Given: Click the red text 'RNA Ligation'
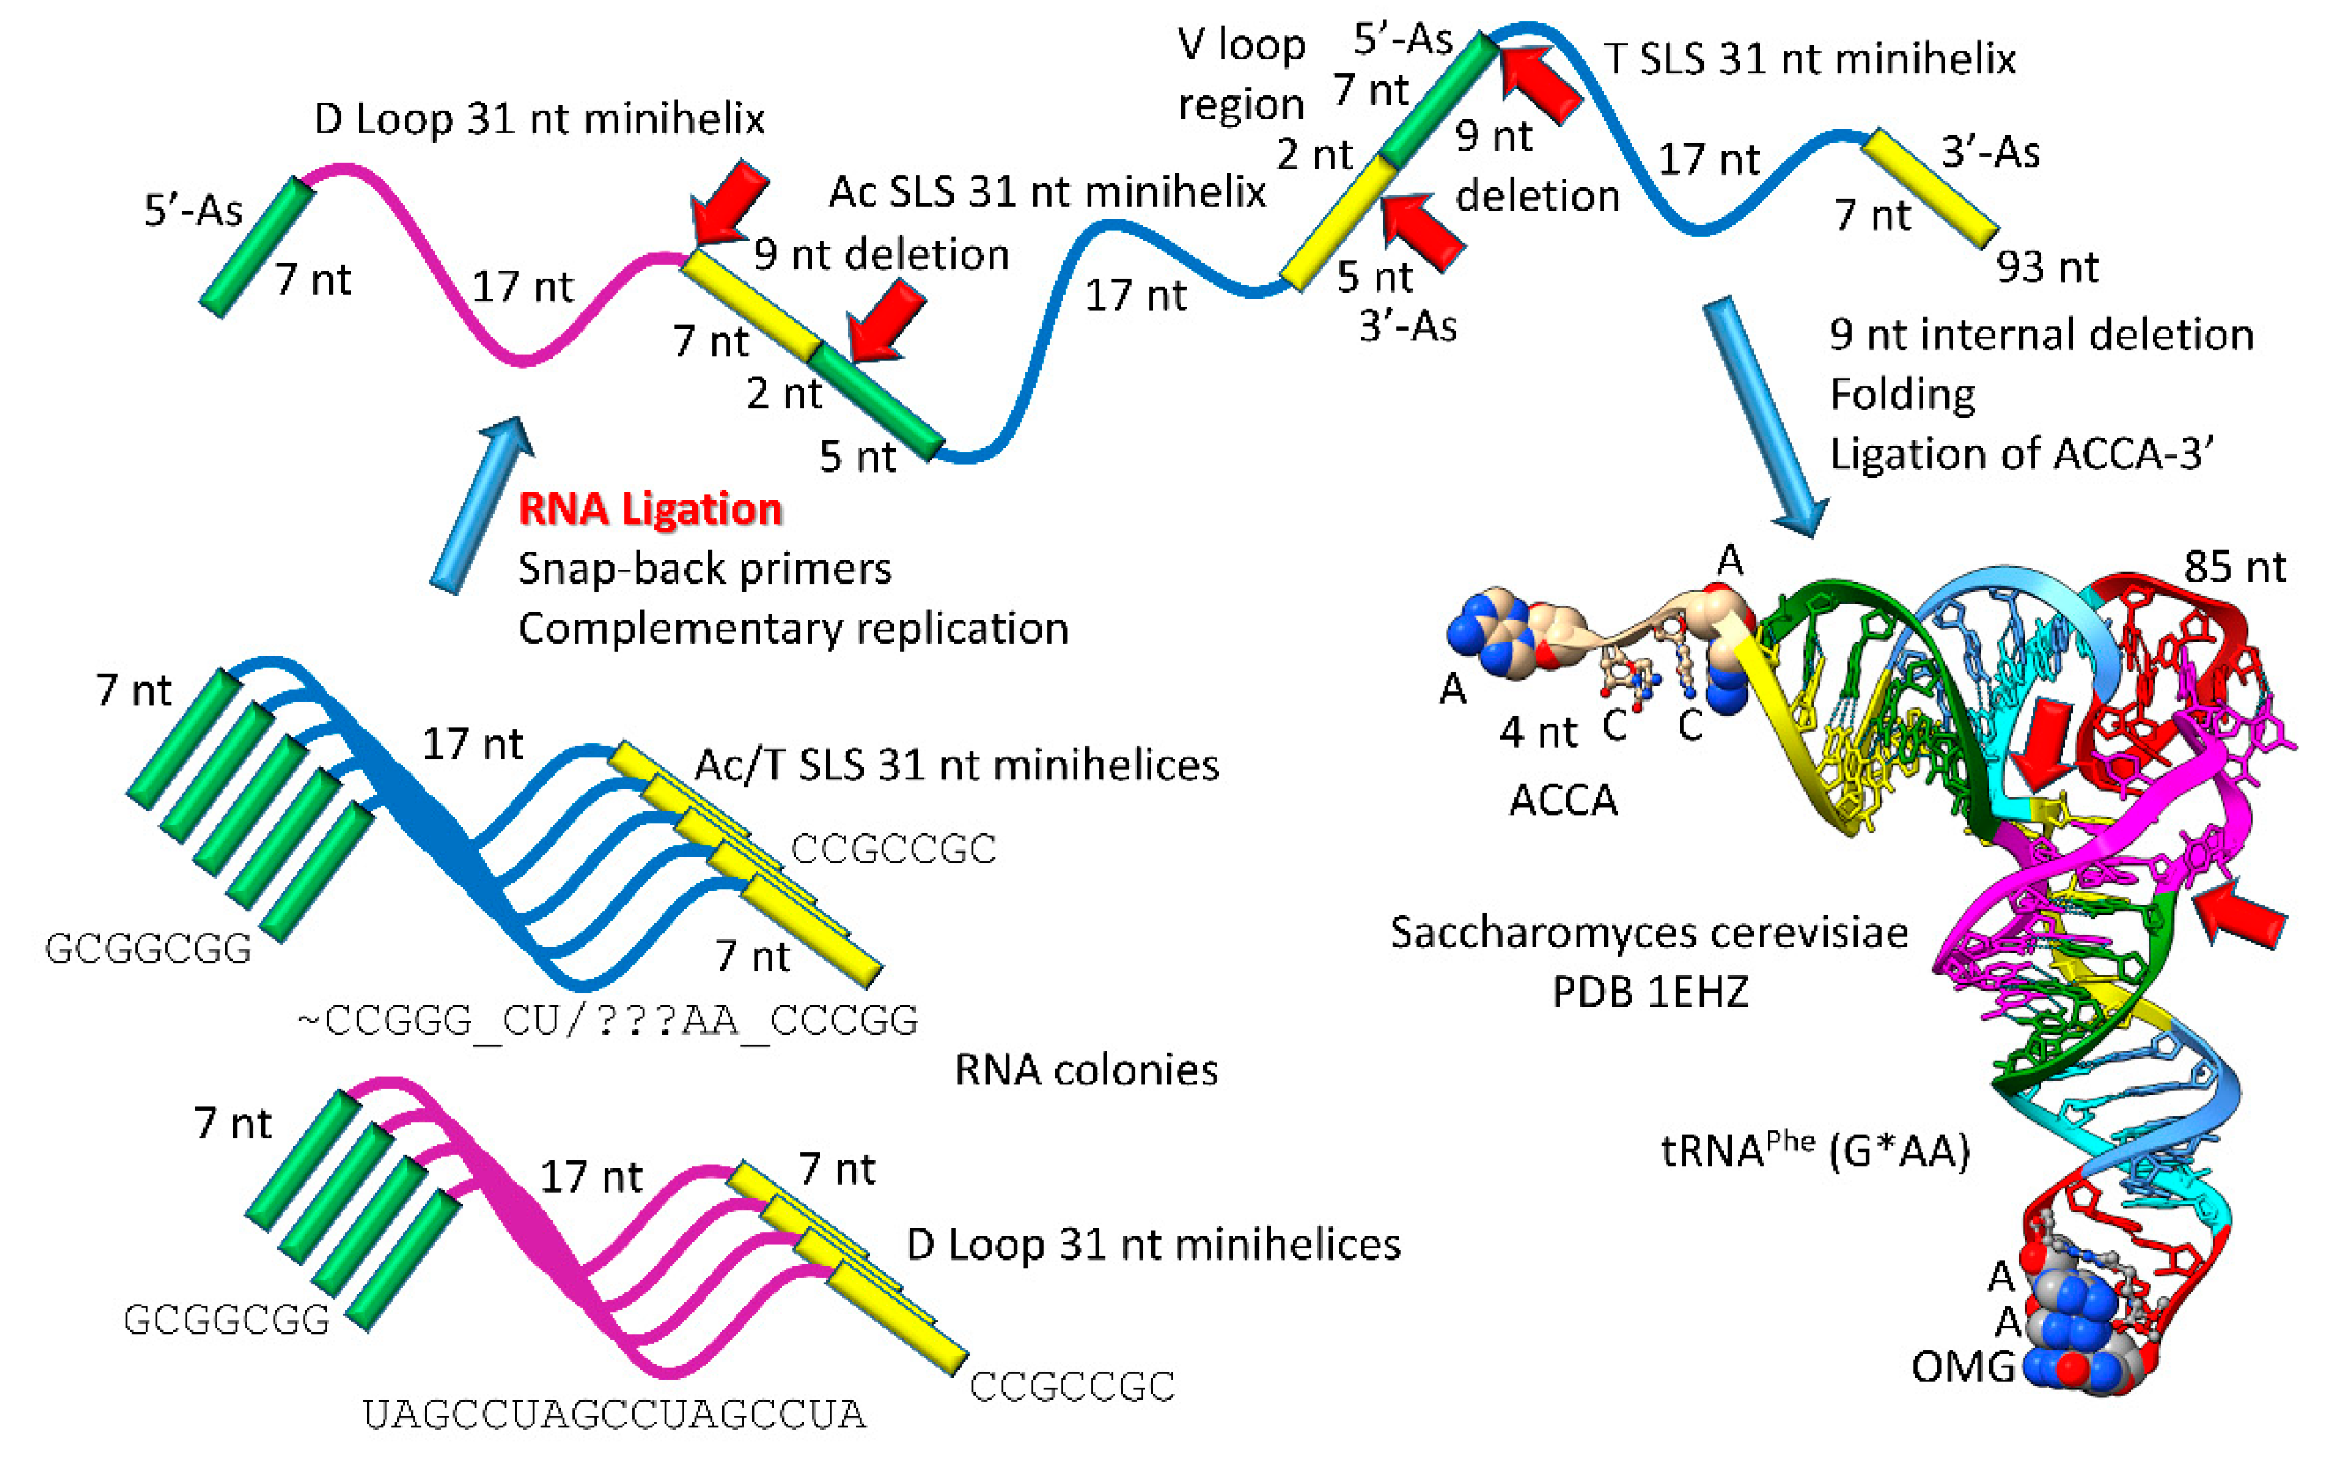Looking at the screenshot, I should pos(650,509).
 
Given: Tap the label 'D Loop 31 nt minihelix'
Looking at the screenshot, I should pos(539,119).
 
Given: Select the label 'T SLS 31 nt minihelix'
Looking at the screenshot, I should pos(1810,59).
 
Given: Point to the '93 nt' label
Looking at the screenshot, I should pos(2048,268).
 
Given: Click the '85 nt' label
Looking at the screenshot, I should pos(2235,567).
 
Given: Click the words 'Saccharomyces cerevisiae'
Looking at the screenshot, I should pos(1649,933).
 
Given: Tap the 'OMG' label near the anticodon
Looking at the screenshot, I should pos(1963,1367).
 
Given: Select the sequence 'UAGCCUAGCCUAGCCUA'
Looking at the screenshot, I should pos(614,1415).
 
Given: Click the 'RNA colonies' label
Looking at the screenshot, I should pos(1085,1070).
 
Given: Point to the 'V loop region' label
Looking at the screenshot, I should pos(1241,75).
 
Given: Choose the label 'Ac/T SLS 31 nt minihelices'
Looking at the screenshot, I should pos(957,765).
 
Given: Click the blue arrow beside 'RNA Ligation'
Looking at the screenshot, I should pos(481,504).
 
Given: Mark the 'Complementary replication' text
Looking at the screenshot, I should pos(793,628).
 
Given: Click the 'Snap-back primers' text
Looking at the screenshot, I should pos(704,568).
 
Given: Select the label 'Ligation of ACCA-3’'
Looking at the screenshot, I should pos(2022,454).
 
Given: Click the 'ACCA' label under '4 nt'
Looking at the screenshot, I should pos(1563,800).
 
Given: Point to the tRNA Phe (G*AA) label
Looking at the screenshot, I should pos(1815,1150).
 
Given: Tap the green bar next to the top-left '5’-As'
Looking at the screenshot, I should pos(256,247).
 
